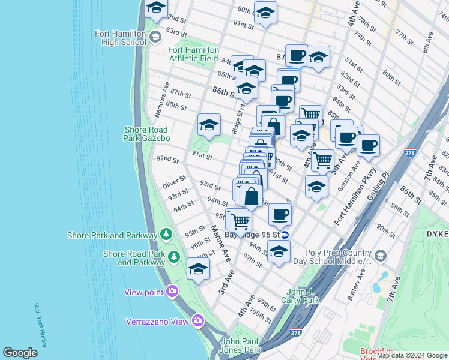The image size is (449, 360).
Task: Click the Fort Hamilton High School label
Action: tap(120, 38)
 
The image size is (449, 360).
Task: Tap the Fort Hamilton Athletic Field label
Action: tap(193, 54)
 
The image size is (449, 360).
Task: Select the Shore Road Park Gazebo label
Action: tap(147, 134)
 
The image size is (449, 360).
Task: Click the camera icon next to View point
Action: tap(172, 292)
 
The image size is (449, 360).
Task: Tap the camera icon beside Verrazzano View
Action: tap(198, 321)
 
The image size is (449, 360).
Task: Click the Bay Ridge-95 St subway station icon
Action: tap(286, 235)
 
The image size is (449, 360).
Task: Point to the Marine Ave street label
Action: tap(220, 243)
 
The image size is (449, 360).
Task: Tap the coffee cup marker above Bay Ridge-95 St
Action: tap(280, 214)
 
